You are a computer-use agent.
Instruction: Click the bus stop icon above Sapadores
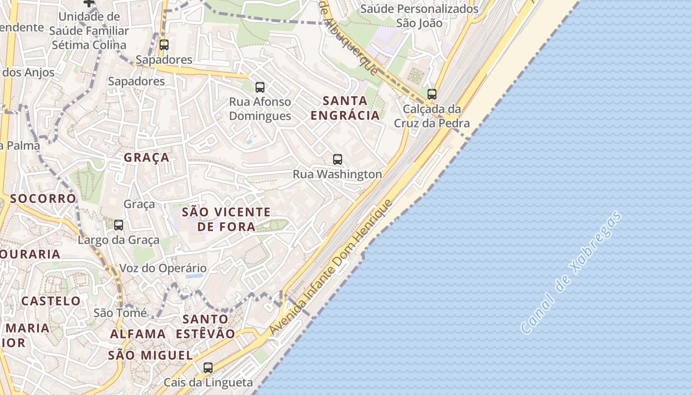pos(164,45)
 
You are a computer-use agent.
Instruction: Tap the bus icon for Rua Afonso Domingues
pos(260,87)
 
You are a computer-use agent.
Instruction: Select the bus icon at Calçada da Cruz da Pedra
pos(432,94)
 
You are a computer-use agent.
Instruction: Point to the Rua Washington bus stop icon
pos(338,159)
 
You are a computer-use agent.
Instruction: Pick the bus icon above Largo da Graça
pos(119,225)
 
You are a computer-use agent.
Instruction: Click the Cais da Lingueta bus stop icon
pos(208,367)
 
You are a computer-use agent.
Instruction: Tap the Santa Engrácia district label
pos(345,108)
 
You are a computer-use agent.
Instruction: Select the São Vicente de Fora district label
pos(226,219)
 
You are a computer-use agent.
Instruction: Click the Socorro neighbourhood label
pos(43,198)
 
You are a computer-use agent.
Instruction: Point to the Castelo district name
pos(51,301)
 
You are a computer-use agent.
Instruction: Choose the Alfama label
pos(138,334)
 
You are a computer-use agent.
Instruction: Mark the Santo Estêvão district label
pos(206,326)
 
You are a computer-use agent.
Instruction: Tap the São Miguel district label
pos(150,355)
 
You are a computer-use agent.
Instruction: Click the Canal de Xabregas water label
pos(571,273)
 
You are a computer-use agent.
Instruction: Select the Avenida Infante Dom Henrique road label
pos(331,267)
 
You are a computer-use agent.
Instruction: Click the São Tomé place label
pos(120,313)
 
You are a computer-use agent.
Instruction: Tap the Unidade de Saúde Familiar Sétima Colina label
pos(89,31)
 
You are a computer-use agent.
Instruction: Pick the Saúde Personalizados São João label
pos(419,16)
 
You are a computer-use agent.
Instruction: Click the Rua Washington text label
pos(338,174)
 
